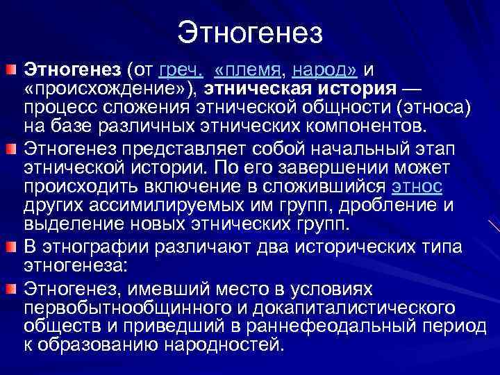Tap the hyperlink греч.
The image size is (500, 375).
point(181,71)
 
